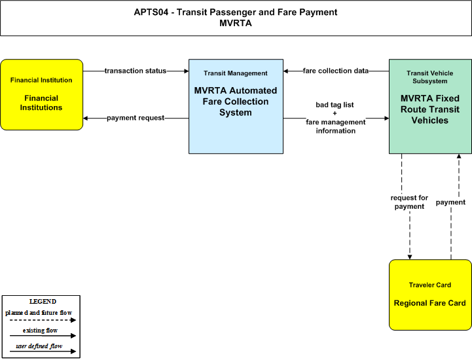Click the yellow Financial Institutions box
pyautogui.click(x=41, y=94)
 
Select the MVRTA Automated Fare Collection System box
pyautogui.click(x=236, y=106)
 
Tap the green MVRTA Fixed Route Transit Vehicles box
pyautogui.click(x=430, y=106)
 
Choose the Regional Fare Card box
pyautogui.click(x=430, y=295)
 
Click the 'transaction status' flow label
pyautogui.click(x=136, y=71)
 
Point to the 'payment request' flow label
pyautogui.click(x=136, y=118)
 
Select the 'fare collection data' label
pyautogui.click(x=336, y=71)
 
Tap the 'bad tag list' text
pyautogui.click(x=335, y=105)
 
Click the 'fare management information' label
pyautogui.click(x=336, y=126)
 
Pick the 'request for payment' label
pyautogui.click(x=409, y=202)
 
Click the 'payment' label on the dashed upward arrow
pyautogui.click(x=450, y=202)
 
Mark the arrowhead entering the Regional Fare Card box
pyautogui.click(x=410, y=257)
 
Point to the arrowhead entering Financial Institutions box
pyautogui.click(x=86, y=118)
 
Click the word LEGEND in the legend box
pyautogui.click(x=43, y=301)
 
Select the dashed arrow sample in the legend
pyautogui.click(x=43, y=320)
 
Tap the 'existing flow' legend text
pyautogui.click(x=40, y=330)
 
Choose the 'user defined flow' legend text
pyautogui.click(x=39, y=346)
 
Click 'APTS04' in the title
pyautogui.click(x=151, y=12)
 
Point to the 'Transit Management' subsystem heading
pyautogui.click(x=236, y=73)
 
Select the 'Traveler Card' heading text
pyautogui.click(x=430, y=285)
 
